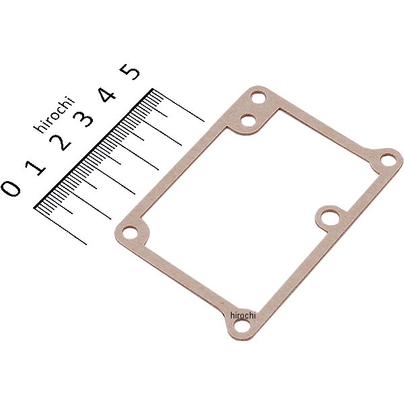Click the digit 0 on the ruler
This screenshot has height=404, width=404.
click(x=11, y=189)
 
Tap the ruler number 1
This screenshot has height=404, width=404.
click(x=35, y=167)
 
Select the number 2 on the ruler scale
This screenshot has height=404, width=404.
click(x=61, y=143)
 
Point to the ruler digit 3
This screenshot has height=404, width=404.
click(x=83, y=119)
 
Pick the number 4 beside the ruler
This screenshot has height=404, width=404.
click(x=107, y=95)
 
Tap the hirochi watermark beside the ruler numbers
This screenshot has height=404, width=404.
click(x=54, y=114)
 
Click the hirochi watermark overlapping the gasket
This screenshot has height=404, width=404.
click(x=242, y=315)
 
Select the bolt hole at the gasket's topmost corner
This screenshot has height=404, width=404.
click(x=258, y=98)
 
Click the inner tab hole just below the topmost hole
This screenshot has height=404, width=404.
click(x=248, y=121)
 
